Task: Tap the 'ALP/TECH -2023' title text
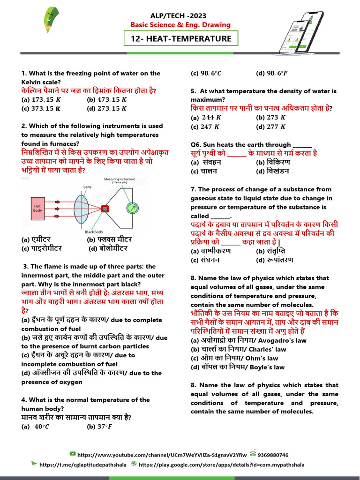coord(180,15)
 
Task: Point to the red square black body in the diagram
coord(105,209)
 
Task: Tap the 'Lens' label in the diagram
coord(88,187)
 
